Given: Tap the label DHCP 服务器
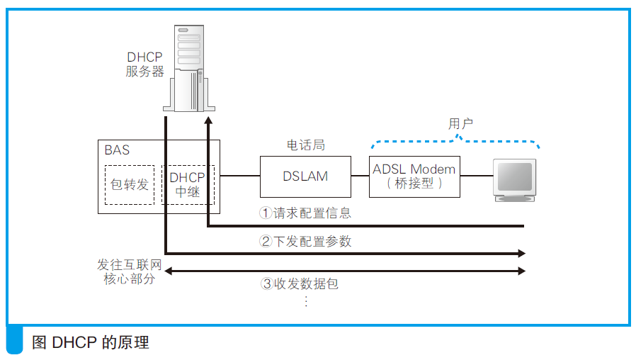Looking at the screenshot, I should [145, 64].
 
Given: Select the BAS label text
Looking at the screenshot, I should [117, 150].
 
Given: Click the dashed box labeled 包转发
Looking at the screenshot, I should [130, 185].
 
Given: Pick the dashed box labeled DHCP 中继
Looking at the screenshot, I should [188, 185].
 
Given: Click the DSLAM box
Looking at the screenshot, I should [305, 176].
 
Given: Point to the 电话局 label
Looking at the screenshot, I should [305, 145].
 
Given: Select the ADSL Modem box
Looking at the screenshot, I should [414, 176].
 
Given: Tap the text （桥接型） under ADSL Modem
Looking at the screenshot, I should [414, 184].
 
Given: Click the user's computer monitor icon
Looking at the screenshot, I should [515, 180].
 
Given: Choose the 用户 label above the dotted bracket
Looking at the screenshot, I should [460, 123].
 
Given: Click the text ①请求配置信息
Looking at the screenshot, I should [305, 213].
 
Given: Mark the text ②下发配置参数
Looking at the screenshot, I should [305, 241].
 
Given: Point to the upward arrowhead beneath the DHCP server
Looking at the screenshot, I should [208, 121].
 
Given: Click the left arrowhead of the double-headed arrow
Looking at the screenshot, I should [168, 271].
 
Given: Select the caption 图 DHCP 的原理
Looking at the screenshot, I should [91, 343].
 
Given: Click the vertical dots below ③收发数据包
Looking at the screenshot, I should [306, 300].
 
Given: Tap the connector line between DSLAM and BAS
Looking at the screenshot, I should [239, 176].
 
